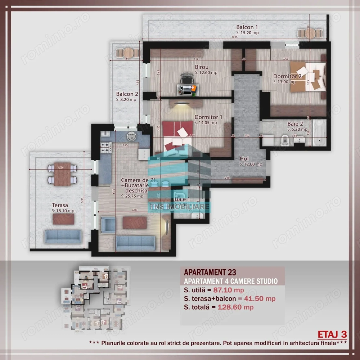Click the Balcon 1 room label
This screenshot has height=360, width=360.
[x=247, y=27]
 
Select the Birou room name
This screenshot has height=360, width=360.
[x=202, y=67]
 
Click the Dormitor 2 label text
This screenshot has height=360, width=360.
[x=287, y=76]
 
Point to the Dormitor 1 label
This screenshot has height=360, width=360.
[x=208, y=117]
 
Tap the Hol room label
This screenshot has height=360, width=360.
[x=245, y=158]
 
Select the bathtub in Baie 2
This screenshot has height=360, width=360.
[x=320, y=134]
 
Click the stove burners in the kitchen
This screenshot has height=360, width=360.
[x=106, y=147]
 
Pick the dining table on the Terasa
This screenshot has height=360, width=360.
[x=63, y=174]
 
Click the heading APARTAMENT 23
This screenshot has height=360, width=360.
[x=210, y=272]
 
